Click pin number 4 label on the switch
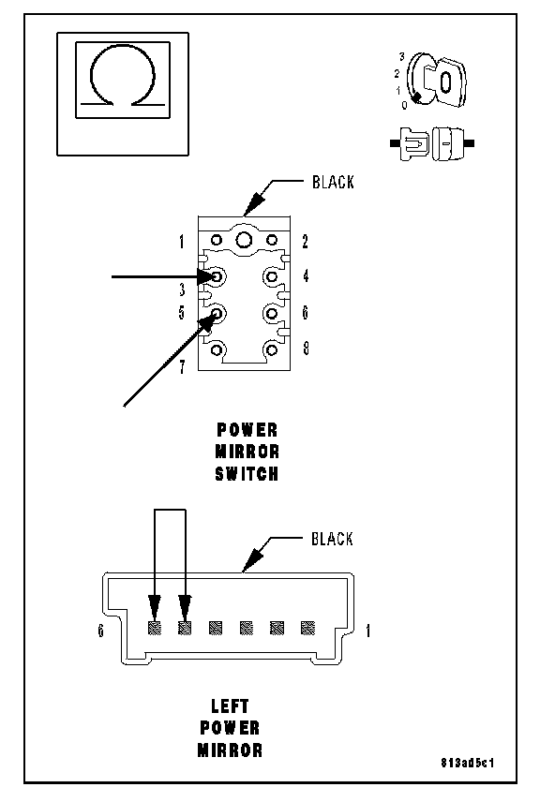306,276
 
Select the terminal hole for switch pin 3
217,276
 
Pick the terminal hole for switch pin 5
217,313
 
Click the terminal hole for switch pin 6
272,313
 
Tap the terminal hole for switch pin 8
272,349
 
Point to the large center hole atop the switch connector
244,239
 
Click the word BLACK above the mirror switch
333,182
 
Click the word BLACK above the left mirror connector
332,539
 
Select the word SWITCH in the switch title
247,474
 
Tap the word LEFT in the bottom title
230,706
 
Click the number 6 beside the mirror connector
101,631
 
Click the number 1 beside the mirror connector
367,631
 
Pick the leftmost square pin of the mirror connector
154,628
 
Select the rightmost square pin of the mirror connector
307,628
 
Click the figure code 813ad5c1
467,764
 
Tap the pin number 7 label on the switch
182,366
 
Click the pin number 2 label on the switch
305,242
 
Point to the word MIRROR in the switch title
247,452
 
